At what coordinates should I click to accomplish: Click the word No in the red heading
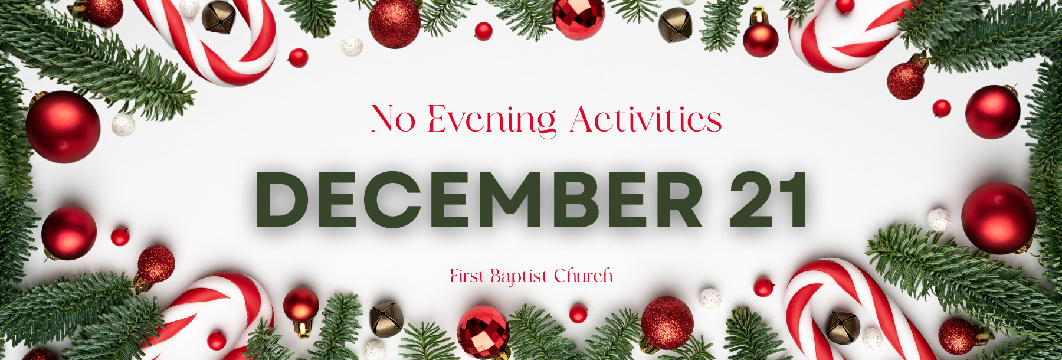click(x=393, y=119)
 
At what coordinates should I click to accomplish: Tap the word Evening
click(x=492, y=121)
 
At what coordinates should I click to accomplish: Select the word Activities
click(x=646, y=119)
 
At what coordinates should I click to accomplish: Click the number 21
click(x=769, y=200)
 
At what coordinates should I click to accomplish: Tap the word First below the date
click(x=467, y=276)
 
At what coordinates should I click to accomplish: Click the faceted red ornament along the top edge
click(x=579, y=18)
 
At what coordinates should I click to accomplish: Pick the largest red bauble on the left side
click(x=63, y=126)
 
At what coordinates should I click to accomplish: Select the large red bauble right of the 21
click(x=998, y=218)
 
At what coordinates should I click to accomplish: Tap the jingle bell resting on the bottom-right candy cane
click(x=843, y=328)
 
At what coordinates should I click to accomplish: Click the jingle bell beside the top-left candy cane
click(x=218, y=17)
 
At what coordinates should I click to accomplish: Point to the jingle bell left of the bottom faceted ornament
click(x=386, y=319)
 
